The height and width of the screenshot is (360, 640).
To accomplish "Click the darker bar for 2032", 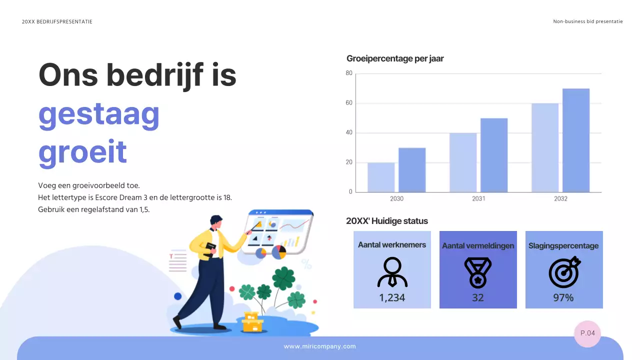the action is pyautogui.click(x=575, y=140).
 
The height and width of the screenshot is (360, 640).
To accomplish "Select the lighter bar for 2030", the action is pyautogui.click(x=381, y=177).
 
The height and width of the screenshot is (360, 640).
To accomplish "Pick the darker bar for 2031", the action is pyautogui.click(x=494, y=155).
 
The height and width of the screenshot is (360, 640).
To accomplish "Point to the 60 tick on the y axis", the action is pyautogui.click(x=349, y=103).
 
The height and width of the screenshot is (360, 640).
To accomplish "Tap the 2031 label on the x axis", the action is pyautogui.click(x=478, y=198).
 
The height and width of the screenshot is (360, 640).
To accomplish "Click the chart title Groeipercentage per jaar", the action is pyautogui.click(x=395, y=58).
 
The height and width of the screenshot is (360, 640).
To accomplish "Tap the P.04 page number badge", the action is pyautogui.click(x=587, y=333).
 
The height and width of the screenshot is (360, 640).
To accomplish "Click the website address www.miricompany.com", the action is pyautogui.click(x=319, y=346).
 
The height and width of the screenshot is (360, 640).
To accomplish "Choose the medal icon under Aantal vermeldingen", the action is pyautogui.click(x=477, y=272).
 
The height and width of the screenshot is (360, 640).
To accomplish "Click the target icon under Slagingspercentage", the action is pyautogui.click(x=564, y=272).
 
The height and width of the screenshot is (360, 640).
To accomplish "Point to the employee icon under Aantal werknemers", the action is pyautogui.click(x=392, y=272).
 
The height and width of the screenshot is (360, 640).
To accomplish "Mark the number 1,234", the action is pyautogui.click(x=392, y=297).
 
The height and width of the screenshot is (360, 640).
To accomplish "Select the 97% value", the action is pyautogui.click(x=563, y=297).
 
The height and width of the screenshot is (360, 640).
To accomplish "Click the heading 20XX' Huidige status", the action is pyautogui.click(x=387, y=221).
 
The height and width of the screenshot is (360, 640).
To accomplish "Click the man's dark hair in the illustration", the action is pyautogui.click(x=215, y=219).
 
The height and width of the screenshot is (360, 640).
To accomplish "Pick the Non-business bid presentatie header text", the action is pyautogui.click(x=587, y=21).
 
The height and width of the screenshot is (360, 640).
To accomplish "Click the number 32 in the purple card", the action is pyautogui.click(x=477, y=297).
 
